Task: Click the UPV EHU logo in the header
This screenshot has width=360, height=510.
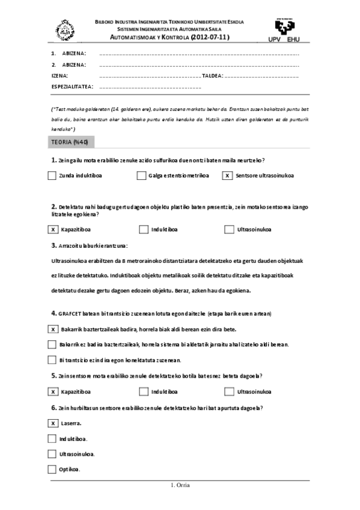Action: click(285, 29)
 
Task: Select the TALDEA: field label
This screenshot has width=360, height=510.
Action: click(213, 76)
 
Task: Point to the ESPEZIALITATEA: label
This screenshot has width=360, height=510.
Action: click(72, 87)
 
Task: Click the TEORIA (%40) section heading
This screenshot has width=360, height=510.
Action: click(70, 142)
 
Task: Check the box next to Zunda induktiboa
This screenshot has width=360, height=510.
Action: click(52, 176)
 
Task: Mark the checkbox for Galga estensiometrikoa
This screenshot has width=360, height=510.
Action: click(142, 176)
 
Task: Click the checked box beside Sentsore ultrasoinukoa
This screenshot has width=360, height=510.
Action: click(228, 176)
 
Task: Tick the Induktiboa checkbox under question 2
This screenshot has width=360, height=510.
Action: click(144, 229)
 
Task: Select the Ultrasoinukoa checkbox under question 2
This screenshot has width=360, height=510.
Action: click(229, 229)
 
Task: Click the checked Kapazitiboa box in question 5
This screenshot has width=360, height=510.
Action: click(52, 392)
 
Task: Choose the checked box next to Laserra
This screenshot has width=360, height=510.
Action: click(52, 423)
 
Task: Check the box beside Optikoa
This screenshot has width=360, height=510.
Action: click(52, 469)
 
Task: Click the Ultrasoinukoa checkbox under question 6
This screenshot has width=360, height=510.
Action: click(52, 453)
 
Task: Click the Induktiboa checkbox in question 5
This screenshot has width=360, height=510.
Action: click(144, 392)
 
